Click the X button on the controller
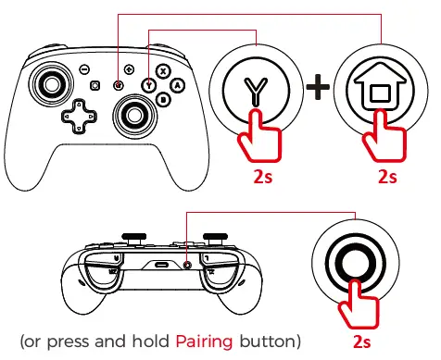click(163, 70)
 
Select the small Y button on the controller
click(148, 84)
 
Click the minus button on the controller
click(83, 70)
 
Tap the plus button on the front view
click(129, 70)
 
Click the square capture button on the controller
click(95, 85)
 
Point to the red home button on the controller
click(119, 85)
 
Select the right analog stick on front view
click(134, 114)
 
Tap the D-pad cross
click(79, 118)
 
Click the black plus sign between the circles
click(319, 89)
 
